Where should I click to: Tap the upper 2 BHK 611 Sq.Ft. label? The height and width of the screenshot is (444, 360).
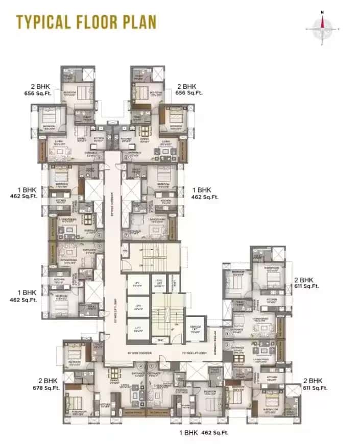pyautogui.click(x=306, y=283)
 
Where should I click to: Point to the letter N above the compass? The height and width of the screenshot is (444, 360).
pyautogui.click(x=322, y=11)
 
